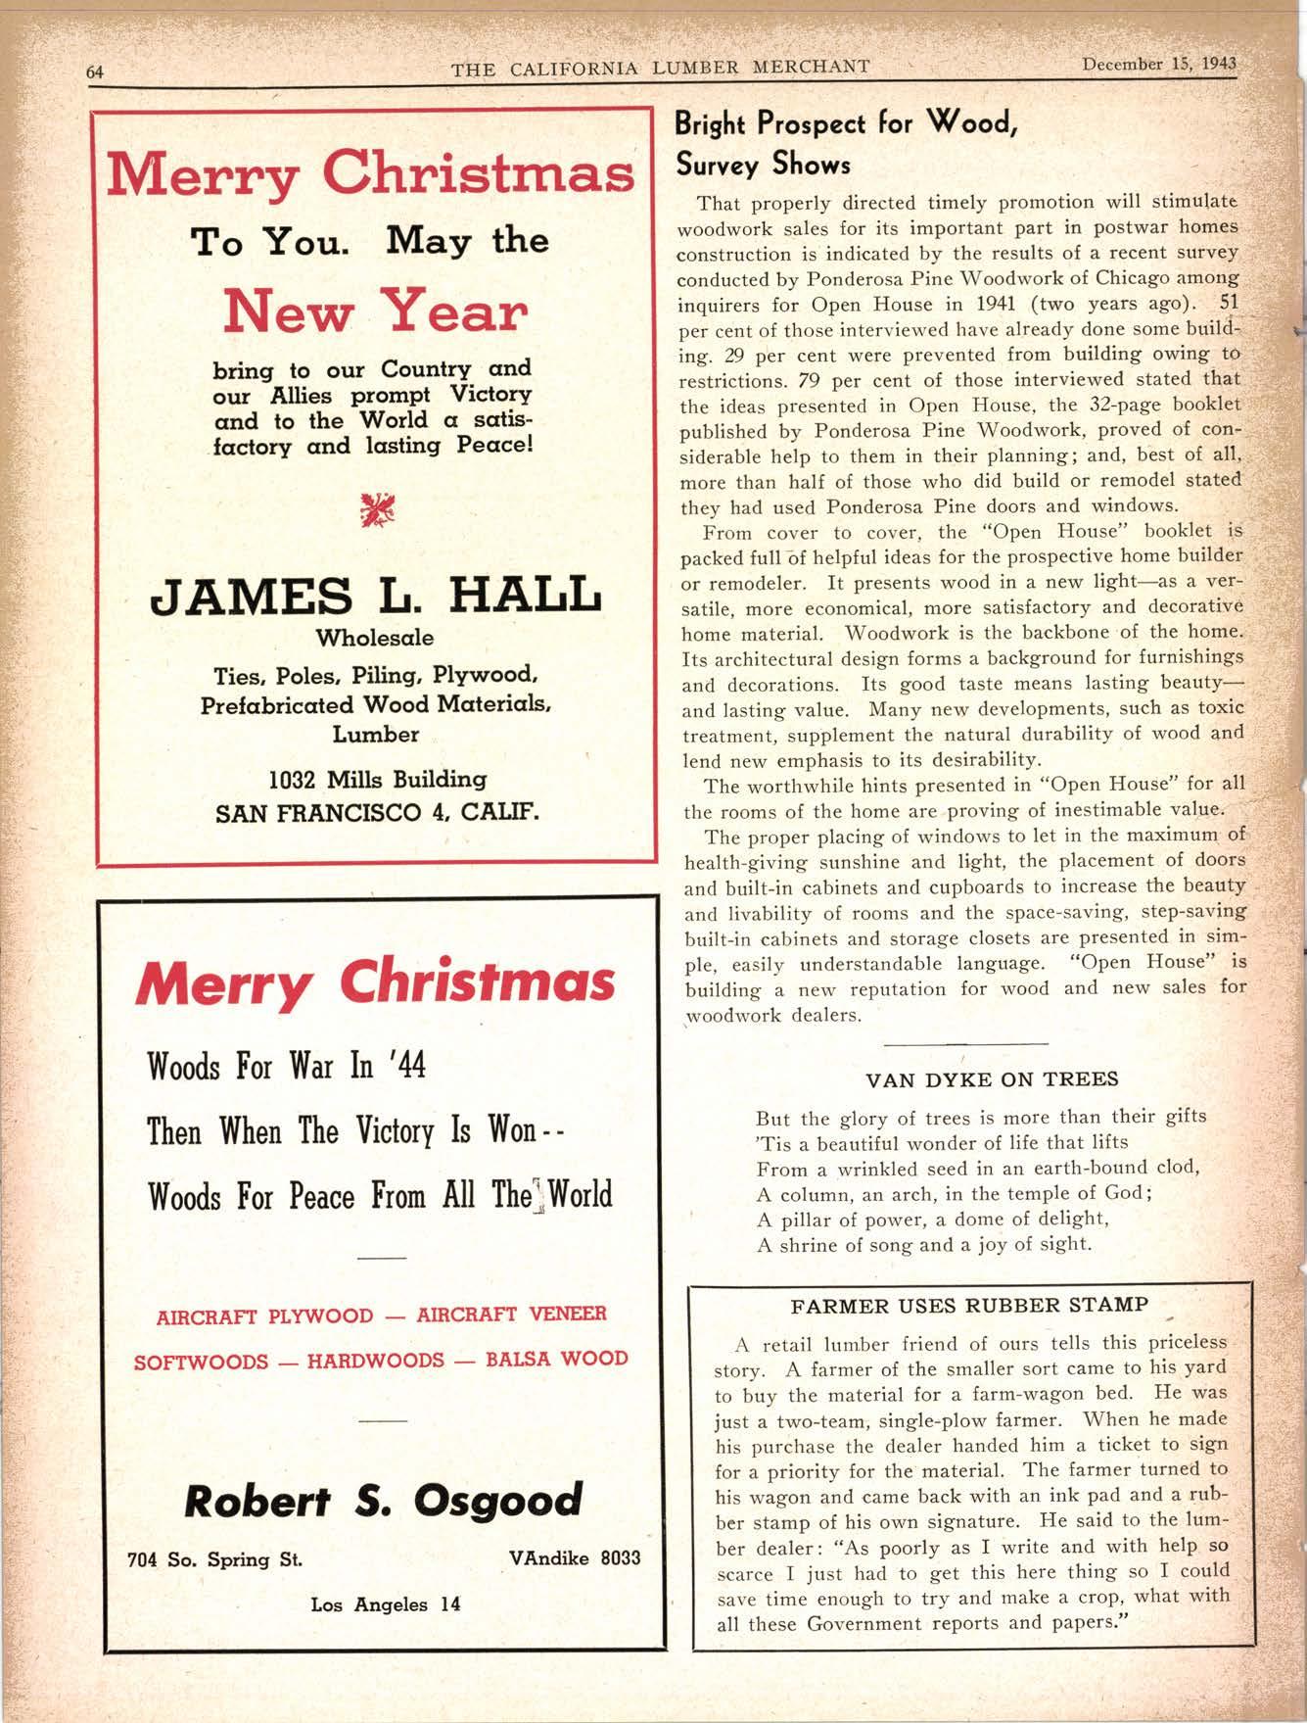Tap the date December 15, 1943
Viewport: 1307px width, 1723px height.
1159,65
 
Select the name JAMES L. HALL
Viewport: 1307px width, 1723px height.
374,595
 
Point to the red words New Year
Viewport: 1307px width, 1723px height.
375,311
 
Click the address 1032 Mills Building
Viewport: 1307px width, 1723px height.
377,780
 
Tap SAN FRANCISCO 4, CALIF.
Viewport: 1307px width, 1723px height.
377,813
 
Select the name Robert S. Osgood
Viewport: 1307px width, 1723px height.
383,1500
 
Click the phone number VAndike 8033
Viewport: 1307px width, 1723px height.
575,1557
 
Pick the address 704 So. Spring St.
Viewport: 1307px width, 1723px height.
214,1559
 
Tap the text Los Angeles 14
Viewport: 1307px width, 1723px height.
385,1604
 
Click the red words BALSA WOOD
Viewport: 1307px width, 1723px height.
556,1359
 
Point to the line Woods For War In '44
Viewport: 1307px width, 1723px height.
286,1066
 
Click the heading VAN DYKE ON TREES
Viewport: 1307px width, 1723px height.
992,1079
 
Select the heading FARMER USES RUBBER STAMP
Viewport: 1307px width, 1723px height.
969,1306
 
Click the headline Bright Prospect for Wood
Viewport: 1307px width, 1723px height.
847,124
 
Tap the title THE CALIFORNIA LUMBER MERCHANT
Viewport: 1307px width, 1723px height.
660,68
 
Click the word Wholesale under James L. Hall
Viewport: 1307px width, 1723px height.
375,638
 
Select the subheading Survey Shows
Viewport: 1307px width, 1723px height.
763,164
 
